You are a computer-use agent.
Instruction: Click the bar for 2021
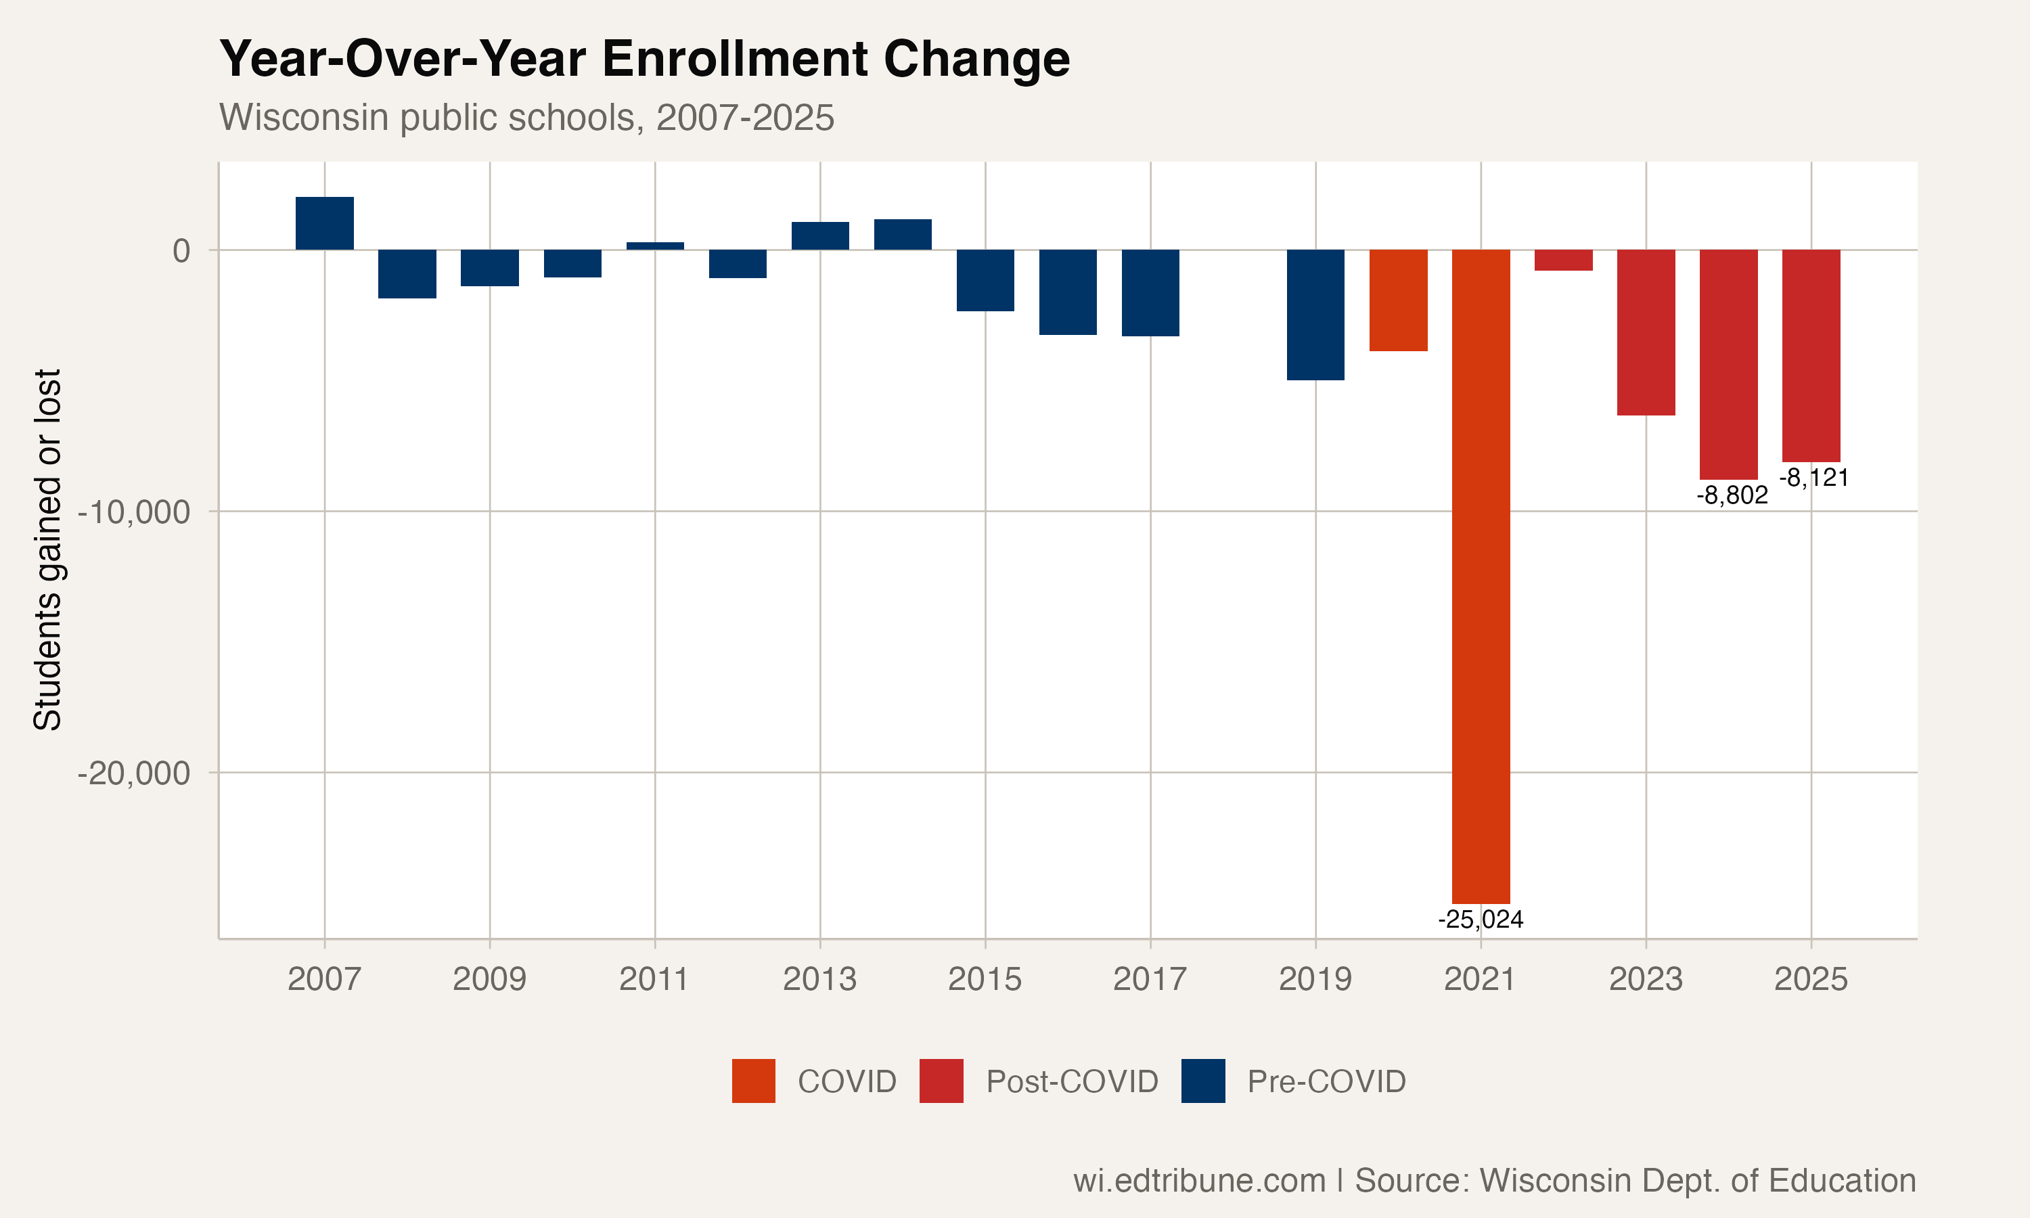coord(1481,574)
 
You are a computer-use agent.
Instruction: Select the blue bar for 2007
coord(324,223)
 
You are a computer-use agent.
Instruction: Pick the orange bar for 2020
coord(1398,300)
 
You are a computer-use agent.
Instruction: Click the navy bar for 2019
coord(1315,315)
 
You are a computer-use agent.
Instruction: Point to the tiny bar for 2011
coord(655,246)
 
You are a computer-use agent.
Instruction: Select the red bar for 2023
coord(1646,332)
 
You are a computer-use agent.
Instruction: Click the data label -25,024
coord(1481,919)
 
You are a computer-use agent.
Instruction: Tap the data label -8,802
coord(1732,495)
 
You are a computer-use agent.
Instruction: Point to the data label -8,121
coord(1814,478)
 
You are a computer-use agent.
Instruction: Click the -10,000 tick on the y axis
coord(134,512)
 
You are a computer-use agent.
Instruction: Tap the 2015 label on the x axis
coord(985,979)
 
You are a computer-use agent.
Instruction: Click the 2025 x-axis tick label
coord(1811,979)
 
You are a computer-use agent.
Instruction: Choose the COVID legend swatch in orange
coord(753,1081)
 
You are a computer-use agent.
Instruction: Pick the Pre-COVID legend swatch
coord(1203,1081)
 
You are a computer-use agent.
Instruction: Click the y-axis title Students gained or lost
coord(47,550)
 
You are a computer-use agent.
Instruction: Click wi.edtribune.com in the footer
coord(1199,1180)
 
